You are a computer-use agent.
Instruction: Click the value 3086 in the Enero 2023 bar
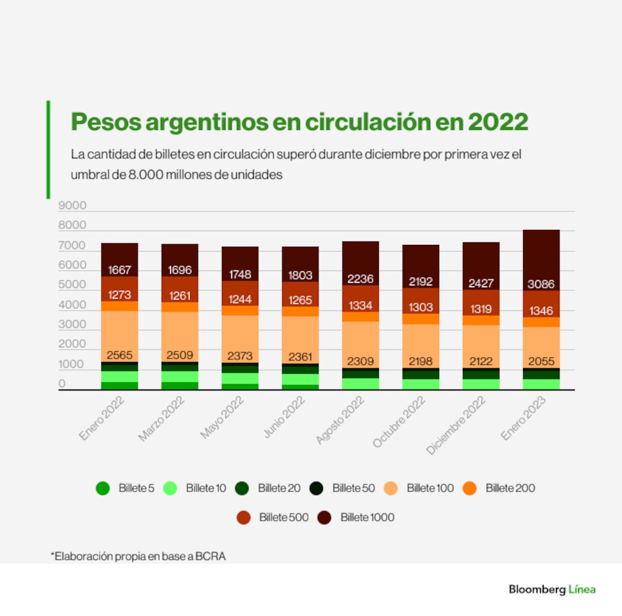pyautogui.click(x=541, y=285)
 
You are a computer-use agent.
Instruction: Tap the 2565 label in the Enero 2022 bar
pyautogui.click(x=119, y=356)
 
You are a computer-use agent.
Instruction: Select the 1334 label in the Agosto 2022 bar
pyautogui.click(x=360, y=305)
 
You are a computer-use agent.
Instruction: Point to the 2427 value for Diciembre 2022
pyautogui.click(x=480, y=284)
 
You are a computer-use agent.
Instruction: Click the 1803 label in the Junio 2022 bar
pyautogui.click(x=300, y=275)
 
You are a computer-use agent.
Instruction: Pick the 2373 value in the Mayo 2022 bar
pyautogui.click(x=240, y=356)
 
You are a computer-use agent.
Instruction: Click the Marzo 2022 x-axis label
pyautogui.click(x=162, y=419)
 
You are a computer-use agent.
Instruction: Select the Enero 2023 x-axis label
pyautogui.click(x=524, y=419)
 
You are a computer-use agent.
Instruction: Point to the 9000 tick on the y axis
pyautogui.click(x=72, y=206)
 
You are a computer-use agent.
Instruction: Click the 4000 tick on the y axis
pyautogui.click(x=72, y=305)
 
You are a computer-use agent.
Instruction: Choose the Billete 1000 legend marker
pyautogui.click(x=325, y=517)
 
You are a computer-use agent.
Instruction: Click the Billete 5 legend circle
pyautogui.click(x=103, y=489)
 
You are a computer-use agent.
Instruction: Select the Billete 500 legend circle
pyautogui.click(x=244, y=517)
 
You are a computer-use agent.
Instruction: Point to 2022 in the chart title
pyautogui.click(x=498, y=121)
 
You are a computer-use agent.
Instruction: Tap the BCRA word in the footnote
pyautogui.click(x=210, y=556)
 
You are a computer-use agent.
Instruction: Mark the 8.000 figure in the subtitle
pyautogui.click(x=146, y=175)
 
